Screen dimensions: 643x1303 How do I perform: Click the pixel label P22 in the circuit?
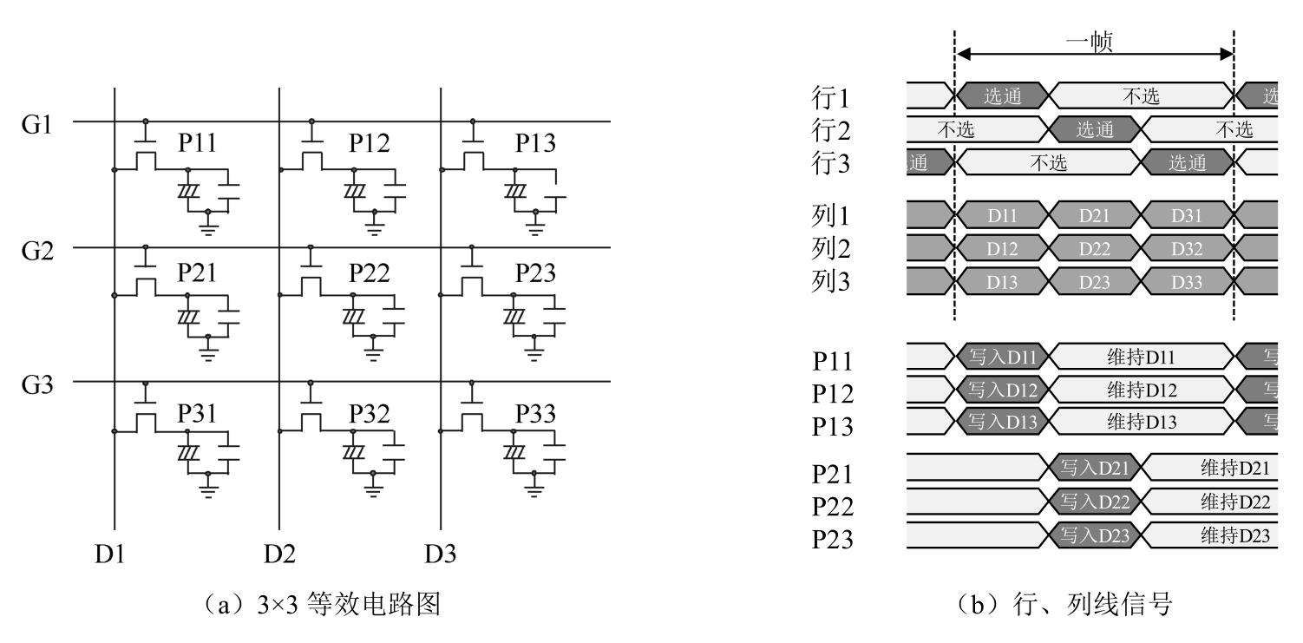point(370,274)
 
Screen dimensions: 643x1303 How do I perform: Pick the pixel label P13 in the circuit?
point(535,144)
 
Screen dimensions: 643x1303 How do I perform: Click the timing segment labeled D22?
point(1094,250)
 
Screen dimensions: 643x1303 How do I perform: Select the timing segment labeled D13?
point(1002,283)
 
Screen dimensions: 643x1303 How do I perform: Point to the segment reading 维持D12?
point(1141,390)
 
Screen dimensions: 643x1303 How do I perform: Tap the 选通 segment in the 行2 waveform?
point(1094,130)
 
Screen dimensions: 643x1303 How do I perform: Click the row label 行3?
point(831,164)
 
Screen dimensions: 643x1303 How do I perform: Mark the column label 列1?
point(831,215)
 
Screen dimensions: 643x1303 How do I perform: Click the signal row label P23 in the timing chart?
point(833,540)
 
